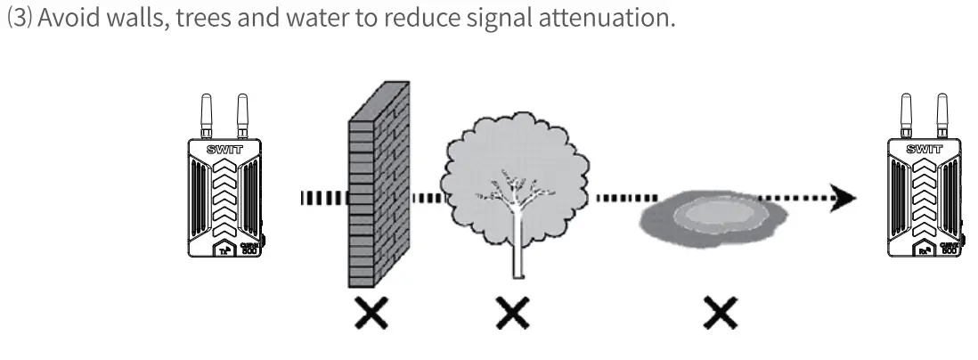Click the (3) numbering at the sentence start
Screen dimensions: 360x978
pyautogui.click(x=18, y=19)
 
